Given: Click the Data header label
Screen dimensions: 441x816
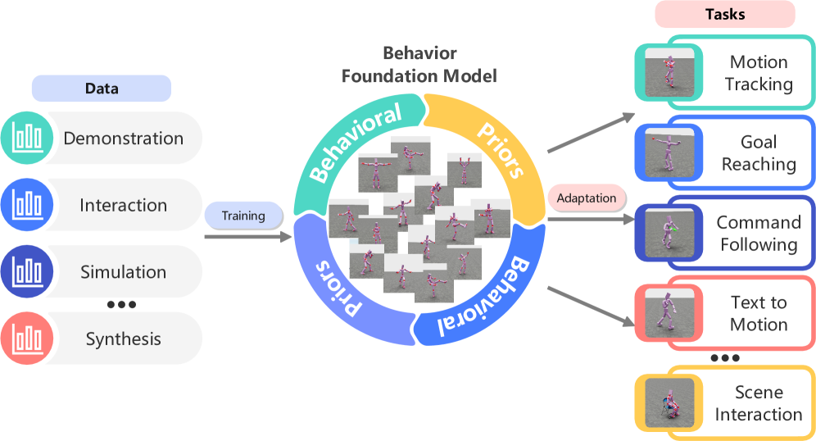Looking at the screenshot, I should point(101,89).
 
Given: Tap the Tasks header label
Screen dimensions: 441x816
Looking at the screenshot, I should point(724,14).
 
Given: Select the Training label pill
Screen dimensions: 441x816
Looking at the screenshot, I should point(243,216).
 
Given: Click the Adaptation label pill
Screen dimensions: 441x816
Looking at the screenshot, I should point(586,198).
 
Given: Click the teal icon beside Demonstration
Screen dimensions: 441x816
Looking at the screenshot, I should point(28,138).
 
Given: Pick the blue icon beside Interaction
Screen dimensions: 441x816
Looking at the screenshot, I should point(28,205).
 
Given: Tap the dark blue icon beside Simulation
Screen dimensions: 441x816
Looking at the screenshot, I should point(28,272).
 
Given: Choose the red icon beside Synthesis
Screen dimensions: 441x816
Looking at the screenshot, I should point(28,339).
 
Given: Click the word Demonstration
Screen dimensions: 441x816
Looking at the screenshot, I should point(124,139).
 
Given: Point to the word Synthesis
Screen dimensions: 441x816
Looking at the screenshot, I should point(124,339).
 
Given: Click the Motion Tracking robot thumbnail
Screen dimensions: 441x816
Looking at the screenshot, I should point(670,73).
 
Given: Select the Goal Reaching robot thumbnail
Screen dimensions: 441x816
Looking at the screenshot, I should point(670,152).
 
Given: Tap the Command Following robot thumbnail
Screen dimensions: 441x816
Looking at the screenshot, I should point(670,233).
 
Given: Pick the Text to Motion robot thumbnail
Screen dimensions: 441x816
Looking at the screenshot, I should point(670,313).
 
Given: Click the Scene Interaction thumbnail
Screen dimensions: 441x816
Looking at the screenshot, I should point(670,401).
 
